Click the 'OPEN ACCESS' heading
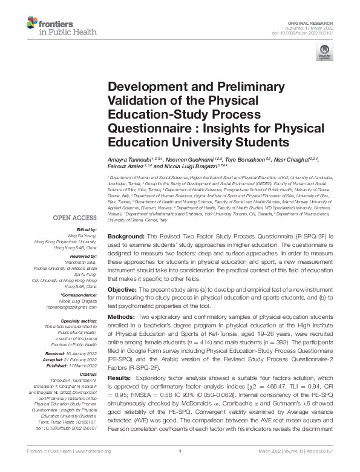pos(75,217)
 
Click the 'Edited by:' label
pos(88,229)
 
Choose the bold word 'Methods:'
pos(122,317)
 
